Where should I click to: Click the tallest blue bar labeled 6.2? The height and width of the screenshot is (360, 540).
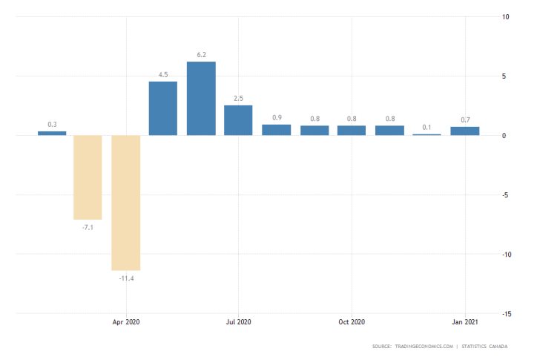(201, 98)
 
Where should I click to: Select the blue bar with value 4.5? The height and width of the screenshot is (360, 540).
(163, 108)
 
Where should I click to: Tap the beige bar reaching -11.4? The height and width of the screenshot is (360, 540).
(125, 203)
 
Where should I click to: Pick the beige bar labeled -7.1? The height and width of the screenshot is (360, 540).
(88, 177)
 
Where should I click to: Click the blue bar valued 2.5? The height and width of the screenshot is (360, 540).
(238, 120)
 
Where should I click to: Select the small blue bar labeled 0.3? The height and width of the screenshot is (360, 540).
(52, 134)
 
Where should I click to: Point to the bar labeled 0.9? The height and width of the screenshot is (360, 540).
(276, 130)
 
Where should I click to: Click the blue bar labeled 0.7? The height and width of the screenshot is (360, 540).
(464, 131)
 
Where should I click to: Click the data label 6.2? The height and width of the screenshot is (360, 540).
(201, 54)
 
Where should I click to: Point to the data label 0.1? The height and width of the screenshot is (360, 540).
(427, 127)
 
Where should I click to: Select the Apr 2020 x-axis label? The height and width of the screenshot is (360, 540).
(126, 322)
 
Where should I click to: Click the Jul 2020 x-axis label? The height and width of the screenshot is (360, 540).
(239, 322)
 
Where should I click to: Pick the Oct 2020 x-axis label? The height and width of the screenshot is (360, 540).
(352, 322)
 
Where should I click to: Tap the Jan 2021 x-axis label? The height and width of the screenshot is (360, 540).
(464, 322)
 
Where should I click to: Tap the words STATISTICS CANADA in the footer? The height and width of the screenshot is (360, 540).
(490, 347)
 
